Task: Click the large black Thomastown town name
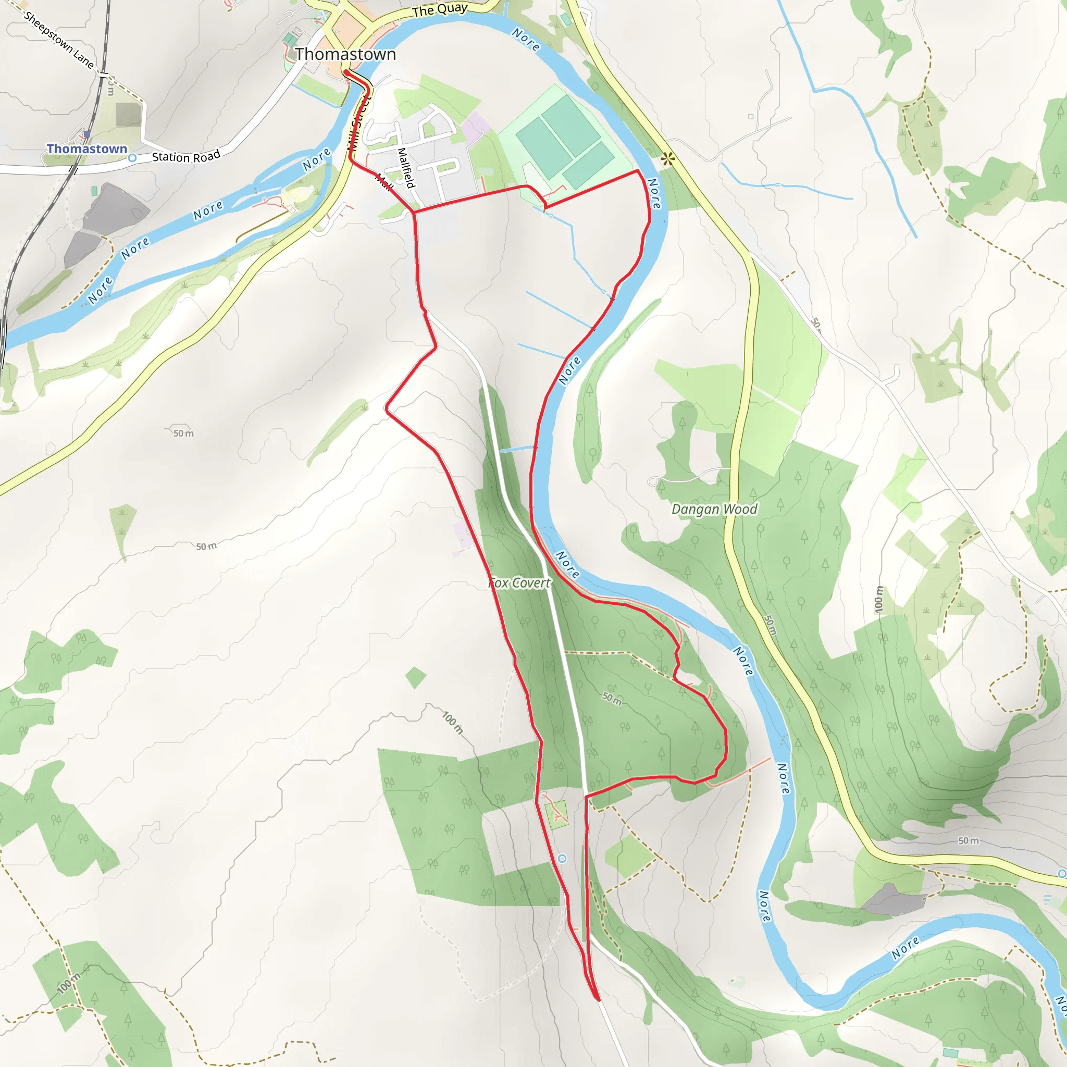click(x=345, y=54)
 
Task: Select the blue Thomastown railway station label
click(x=86, y=148)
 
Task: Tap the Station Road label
click(x=186, y=156)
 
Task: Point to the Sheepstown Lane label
click(x=59, y=40)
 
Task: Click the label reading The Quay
click(x=440, y=10)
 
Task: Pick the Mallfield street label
click(x=406, y=168)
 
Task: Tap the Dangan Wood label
click(x=714, y=509)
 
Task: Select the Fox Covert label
click(x=519, y=582)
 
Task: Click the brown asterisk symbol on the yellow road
click(x=668, y=159)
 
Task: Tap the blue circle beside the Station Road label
click(x=132, y=158)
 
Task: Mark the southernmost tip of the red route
click(x=599, y=1000)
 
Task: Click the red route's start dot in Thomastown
click(x=346, y=72)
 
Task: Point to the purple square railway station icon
click(x=86, y=134)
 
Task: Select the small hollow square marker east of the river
click(x=751, y=117)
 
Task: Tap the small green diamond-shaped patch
click(x=416, y=678)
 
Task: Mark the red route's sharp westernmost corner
click(x=386, y=409)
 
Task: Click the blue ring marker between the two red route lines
click(x=562, y=858)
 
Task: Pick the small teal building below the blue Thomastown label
click(x=94, y=191)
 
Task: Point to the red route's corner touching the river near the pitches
click(x=638, y=171)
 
